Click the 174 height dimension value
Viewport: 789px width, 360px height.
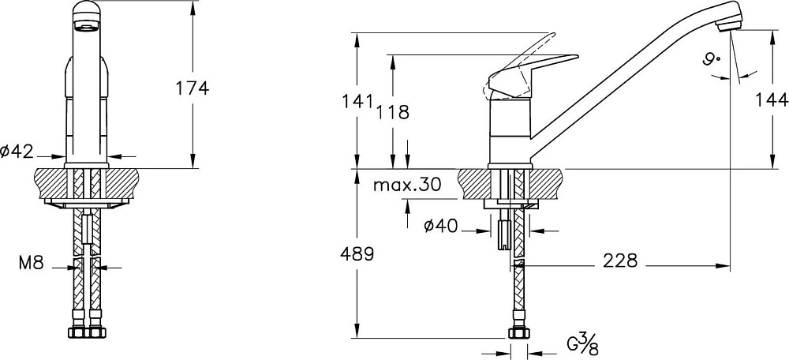click(192, 88)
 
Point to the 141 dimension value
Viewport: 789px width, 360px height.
click(357, 101)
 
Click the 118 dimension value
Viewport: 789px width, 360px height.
click(392, 112)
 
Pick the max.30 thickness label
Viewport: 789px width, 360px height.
click(407, 185)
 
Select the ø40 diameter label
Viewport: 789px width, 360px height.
click(441, 227)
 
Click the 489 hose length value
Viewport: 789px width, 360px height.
click(357, 254)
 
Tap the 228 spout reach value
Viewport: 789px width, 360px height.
click(620, 261)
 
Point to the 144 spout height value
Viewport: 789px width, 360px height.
click(772, 101)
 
